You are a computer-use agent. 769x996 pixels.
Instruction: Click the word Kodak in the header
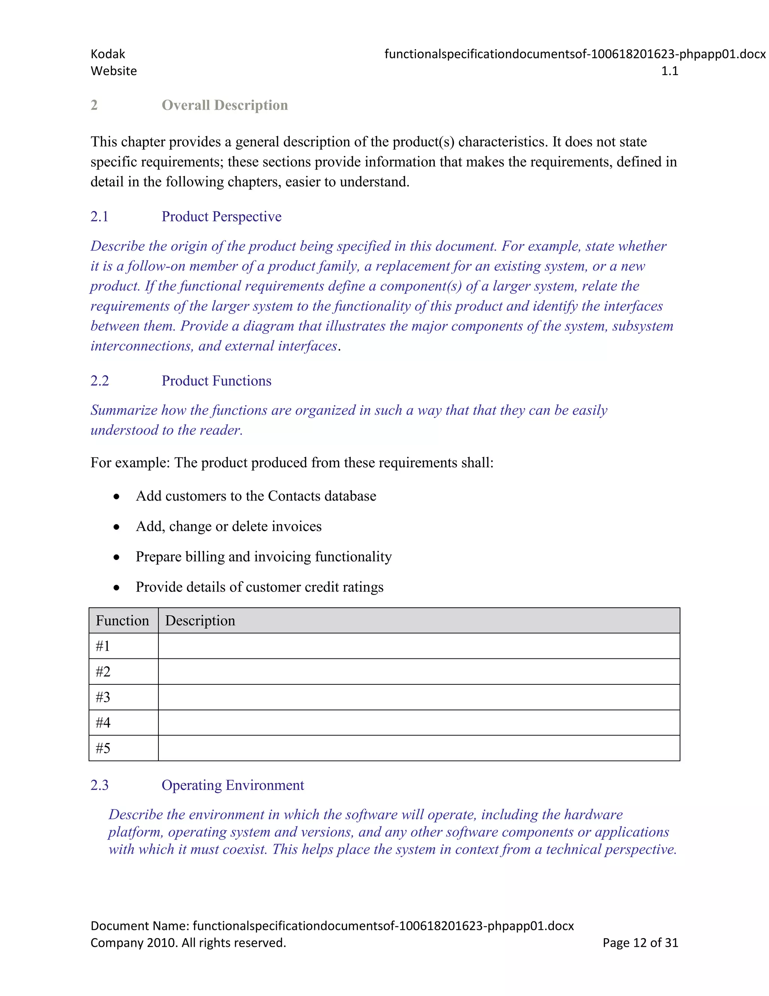pos(107,54)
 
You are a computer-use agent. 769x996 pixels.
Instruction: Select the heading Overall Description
pos(225,105)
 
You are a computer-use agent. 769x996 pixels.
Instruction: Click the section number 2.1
pos(99,216)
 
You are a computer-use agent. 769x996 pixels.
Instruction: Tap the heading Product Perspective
pos(222,216)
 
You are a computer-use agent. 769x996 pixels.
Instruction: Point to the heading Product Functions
pos(216,381)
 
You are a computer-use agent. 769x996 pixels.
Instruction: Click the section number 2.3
pos(99,785)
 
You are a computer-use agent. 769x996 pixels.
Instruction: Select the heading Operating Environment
pos(232,785)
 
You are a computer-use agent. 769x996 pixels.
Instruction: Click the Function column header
pos(122,621)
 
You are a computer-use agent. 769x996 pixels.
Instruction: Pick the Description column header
pos(200,621)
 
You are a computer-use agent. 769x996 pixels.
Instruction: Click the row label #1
pos(103,646)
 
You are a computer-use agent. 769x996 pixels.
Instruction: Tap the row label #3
pos(103,697)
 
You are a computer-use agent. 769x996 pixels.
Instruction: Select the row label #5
pos(103,748)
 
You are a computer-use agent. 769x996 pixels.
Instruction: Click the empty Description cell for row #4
pos(418,723)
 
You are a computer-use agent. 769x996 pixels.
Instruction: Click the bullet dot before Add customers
pos(117,496)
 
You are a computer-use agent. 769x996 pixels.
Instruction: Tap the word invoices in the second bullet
pos(297,527)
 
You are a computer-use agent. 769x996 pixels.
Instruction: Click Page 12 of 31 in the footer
pos(640,943)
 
